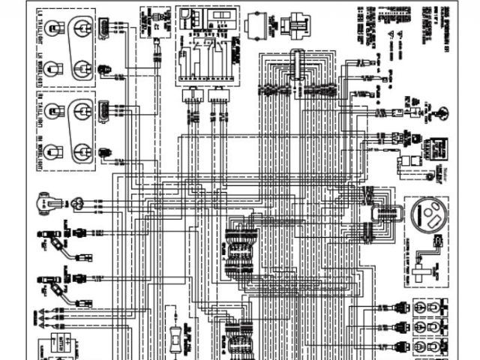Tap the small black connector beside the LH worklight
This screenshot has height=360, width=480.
[x=103, y=69]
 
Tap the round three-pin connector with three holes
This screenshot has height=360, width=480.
[x=79, y=202]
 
